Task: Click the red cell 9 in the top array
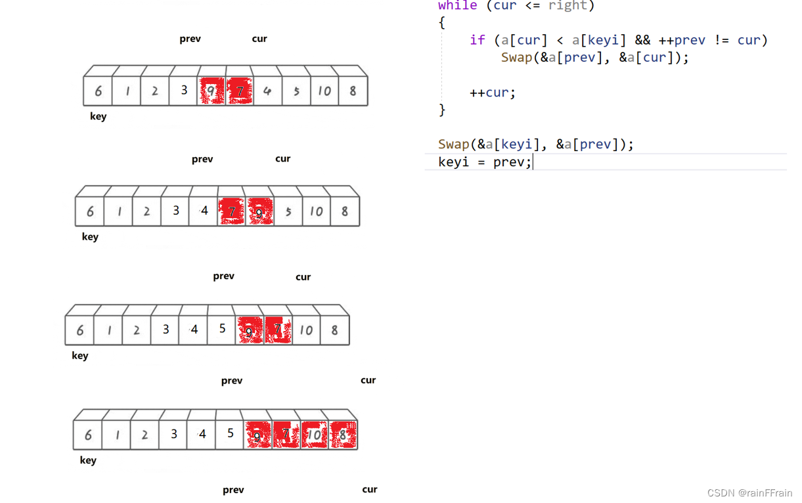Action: [212, 91]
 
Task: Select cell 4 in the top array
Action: [267, 91]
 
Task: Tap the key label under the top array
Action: [98, 116]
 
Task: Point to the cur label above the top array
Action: [259, 39]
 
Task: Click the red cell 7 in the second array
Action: [231, 211]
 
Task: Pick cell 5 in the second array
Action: [288, 211]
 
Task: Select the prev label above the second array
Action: [202, 159]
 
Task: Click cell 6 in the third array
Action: [80, 330]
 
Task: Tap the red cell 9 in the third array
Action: [250, 330]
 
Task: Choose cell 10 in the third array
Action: [306, 330]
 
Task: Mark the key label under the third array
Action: [80, 355]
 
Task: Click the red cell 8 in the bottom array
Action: [343, 434]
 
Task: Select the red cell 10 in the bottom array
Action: [315, 434]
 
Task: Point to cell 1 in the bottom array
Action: [117, 435]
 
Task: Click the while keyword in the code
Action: [457, 6]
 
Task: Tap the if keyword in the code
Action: [477, 40]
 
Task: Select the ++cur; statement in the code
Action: [493, 93]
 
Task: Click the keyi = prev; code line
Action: [485, 162]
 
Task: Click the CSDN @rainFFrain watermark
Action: [749, 493]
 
